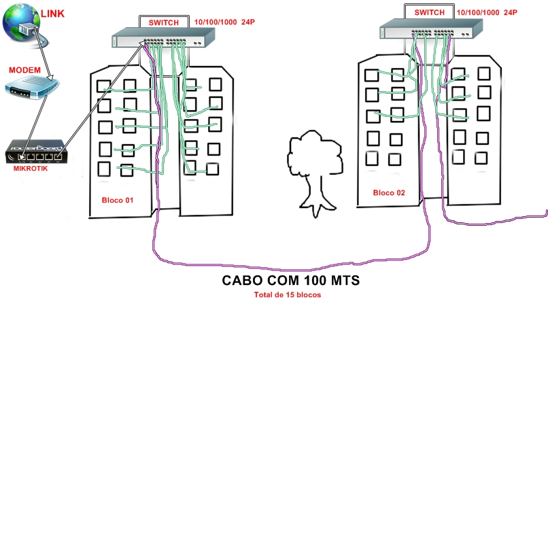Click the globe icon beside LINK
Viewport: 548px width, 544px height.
21,22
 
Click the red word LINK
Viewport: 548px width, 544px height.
53,14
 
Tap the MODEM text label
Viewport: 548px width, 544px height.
25,70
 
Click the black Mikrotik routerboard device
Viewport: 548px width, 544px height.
36,152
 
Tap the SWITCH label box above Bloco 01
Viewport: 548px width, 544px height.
163,22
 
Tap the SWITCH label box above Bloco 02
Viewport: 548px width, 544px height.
429,12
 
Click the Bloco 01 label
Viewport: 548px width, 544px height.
118,200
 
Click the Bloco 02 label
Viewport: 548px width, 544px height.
389,193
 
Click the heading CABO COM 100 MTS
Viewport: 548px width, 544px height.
291,281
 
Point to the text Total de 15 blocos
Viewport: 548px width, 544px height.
288,295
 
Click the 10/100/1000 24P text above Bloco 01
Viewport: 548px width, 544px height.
224,22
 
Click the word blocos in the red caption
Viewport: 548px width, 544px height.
307,295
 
